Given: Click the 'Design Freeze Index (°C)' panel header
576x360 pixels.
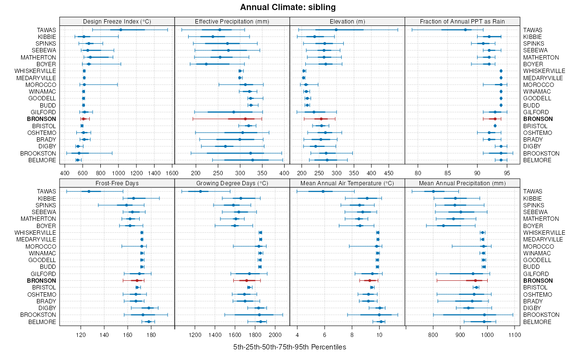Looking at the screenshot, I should tap(117, 21).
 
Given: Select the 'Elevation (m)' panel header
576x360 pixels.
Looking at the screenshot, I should tap(347, 21).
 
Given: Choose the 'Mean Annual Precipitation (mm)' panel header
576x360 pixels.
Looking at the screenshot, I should tap(462, 183).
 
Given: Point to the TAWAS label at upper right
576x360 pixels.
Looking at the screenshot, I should tap(532, 30).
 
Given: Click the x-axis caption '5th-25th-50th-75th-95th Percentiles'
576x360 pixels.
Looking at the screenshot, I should tap(289, 347).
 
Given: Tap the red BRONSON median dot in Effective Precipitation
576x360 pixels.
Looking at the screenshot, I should tap(245, 119).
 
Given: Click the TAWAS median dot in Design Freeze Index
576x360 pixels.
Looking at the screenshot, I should tap(120, 30).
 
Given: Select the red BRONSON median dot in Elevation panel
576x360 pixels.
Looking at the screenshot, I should tap(321, 119).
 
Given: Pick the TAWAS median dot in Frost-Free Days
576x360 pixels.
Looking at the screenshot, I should tap(89, 192).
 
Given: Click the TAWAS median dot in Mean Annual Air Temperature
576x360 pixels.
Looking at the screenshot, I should tap(323, 192).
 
